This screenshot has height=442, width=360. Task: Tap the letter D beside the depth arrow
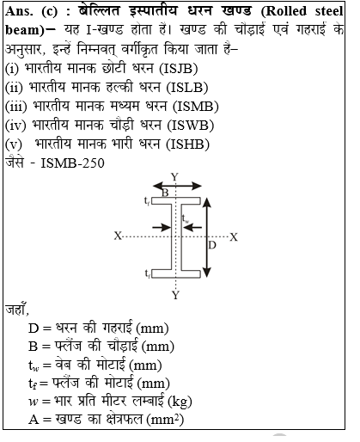pos(213,245)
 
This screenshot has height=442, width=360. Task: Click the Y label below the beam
pos(175,295)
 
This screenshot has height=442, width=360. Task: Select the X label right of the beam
pos(234,236)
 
